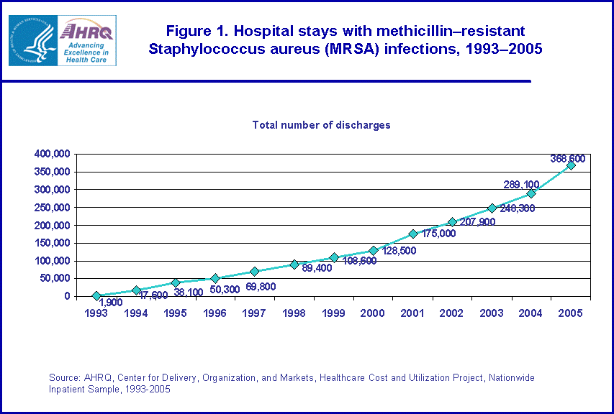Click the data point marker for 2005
[571, 165]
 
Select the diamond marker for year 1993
[96, 295]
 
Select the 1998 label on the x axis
[294, 314]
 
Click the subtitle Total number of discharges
[321, 125]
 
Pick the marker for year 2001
[412, 234]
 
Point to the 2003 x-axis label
[492, 314]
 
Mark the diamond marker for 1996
[215, 278]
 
